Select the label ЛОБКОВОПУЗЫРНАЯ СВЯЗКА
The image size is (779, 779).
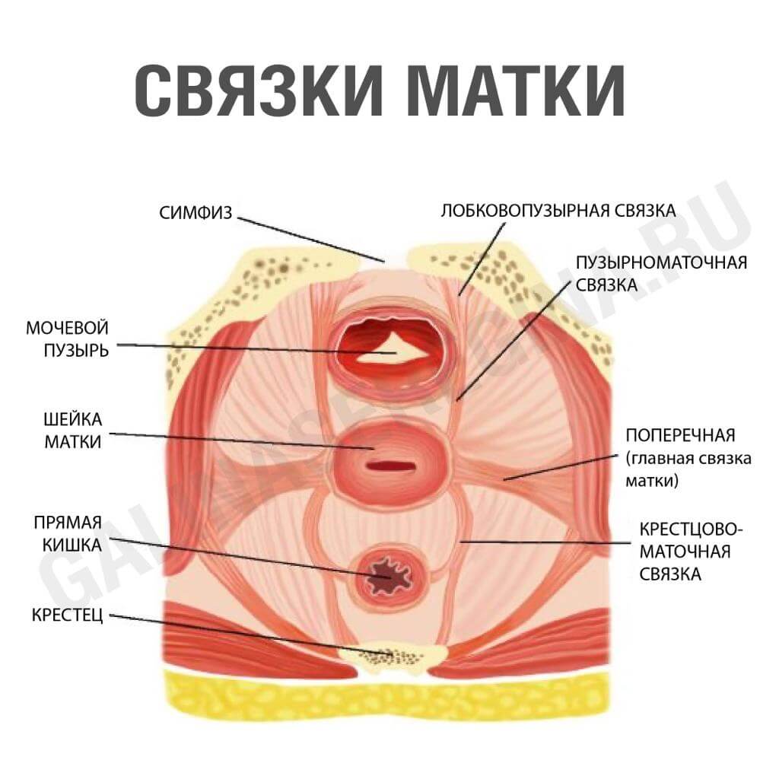(559, 211)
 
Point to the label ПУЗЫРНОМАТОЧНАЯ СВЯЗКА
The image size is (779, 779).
(661, 273)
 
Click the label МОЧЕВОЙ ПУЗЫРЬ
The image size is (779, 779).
(67, 339)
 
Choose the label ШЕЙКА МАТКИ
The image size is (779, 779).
(73, 431)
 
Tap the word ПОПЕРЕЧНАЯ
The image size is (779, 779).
(680, 436)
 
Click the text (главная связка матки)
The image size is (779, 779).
(688, 469)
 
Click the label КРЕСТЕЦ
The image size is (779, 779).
(66, 614)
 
